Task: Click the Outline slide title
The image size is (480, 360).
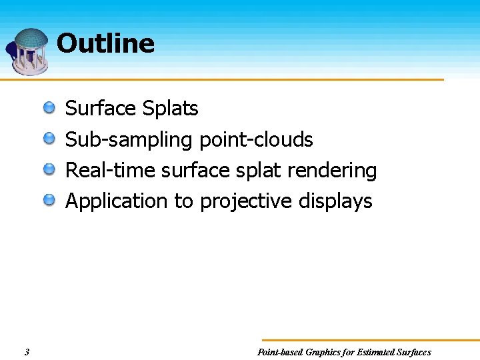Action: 105,43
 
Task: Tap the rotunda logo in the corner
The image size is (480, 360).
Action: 27,51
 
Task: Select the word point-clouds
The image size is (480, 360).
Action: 256,139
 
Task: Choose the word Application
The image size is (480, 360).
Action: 117,201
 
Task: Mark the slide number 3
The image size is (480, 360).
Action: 26,352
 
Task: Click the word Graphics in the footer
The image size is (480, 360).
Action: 324,352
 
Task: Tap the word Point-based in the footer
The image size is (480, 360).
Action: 279,352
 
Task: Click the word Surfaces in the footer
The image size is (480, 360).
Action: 413,352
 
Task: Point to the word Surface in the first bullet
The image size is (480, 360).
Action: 98,108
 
